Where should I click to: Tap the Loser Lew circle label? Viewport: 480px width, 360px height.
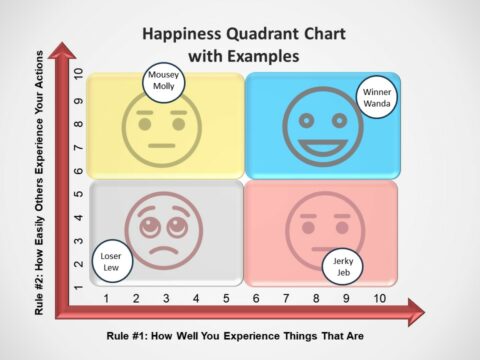point(111,261)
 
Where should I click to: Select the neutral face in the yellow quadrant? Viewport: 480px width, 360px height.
point(157,131)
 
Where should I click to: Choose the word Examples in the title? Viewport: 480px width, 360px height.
point(264,57)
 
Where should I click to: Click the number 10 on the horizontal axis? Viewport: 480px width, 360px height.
point(379,299)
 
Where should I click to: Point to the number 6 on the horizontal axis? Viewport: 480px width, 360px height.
point(257,299)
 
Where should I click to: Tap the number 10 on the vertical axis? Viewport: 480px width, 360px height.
point(78,82)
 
